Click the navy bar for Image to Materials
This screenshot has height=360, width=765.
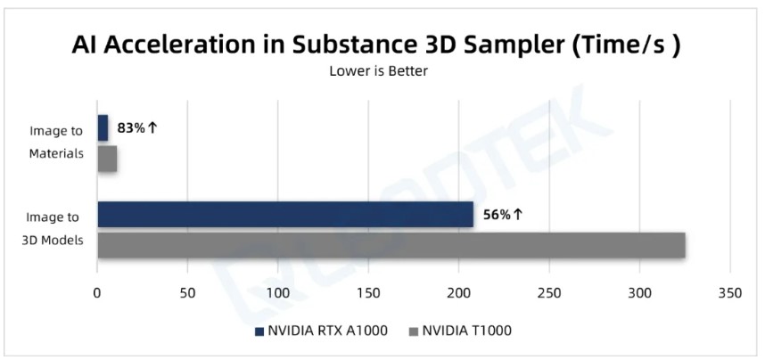pyautogui.click(x=103, y=128)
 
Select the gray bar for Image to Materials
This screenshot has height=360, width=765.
pyautogui.click(x=107, y=159)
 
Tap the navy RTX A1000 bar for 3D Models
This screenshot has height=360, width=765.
pyautogui.click(x=284, y=215)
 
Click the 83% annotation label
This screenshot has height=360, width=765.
pyautogui.click(x=137, y=127)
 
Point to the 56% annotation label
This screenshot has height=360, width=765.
pyautogui.click(x=503, y=215)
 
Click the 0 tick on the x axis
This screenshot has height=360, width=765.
pyautogui.click(x=97, y=291)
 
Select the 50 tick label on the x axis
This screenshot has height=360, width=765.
pyautogui.click(x=187, y=291)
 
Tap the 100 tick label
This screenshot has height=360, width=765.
pyautogui.click(x=278, y=291)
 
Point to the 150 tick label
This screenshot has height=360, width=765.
pyautogui.click(x=368, y=291)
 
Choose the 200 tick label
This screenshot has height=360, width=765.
pyautogui.click(x=458, y=291)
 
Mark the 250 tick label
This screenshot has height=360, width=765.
pyautogui.click(x=549, y=291)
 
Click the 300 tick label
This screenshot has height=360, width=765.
pyautogui.click(x=639, y=291)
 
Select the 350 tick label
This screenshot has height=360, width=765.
pyautogui.click(x=730, y=291)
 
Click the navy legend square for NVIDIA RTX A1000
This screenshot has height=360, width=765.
pyautogui.click(x=259, y=331)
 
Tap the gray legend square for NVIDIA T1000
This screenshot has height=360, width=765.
pyautogui.click(x=412, y=331)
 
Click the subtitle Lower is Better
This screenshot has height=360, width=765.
pyautogui.click(x=379, y=71)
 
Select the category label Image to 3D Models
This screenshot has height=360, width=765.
pyautogui.click(x=52, y=229)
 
